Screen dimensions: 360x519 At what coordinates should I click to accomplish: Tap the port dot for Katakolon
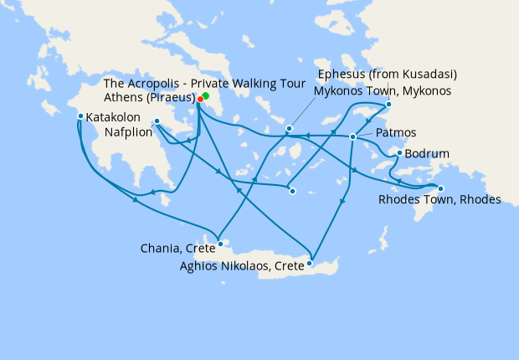[x=80, y=116]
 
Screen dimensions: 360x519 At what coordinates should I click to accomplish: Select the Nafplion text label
[x=129, y=132]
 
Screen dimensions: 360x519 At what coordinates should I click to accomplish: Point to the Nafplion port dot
[x=157, y=122]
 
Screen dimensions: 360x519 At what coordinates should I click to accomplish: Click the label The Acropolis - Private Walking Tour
[x=149, y=84]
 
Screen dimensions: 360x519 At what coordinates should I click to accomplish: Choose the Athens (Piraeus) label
[x=150, y=97]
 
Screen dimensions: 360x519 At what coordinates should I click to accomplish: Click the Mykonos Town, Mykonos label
[x=383, y=90]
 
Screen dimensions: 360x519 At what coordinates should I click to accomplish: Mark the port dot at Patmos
[x=353, y=136]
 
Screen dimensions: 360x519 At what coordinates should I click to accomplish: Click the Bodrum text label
[x=428, y=155]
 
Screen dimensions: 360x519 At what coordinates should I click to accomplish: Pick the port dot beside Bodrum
[x=399, y=153]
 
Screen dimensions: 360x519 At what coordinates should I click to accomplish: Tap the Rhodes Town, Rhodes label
[x=439, y=200]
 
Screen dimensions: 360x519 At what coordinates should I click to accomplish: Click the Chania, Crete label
[x=177, y=248]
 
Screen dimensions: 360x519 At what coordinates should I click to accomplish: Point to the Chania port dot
[x=219, y=244]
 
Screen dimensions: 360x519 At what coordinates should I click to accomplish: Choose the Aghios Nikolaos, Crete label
[x=242, y=267]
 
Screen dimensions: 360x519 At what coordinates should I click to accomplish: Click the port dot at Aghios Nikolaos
[x=309, y=263]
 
